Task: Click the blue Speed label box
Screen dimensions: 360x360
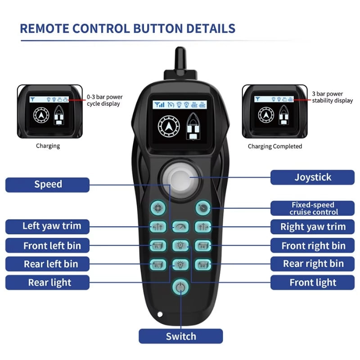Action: pyautogui.click(x=48, y=184)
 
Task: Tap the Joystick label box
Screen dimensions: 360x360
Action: pyautogui.click(x=312, y=177)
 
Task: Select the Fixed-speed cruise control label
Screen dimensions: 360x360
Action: pyautogui.click(x=312, y=208)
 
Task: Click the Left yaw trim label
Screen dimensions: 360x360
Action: pyautogui.click(x=48, y=225)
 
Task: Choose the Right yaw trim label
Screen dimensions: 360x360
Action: pyautogui.click(x=312, y=226)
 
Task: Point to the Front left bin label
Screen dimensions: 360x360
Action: pyautogui.click(x=48, y=246)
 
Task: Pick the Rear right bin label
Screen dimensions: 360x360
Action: pyautogui.click(x=312, y=264)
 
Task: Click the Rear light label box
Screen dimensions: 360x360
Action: pyautogui.click(x=48, y=283)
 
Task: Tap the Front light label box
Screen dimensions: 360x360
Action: pyautogui.click(x=312, y=283)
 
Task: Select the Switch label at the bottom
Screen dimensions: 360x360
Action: pyautogui.click(x=180, y=336)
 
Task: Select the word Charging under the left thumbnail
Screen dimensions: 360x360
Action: pyautogui.click(x=48, y=146)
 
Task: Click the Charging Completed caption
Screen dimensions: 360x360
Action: pyautogui.click(x=275, y=146)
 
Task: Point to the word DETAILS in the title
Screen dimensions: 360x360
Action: pyautogui.click(x=207, y=28)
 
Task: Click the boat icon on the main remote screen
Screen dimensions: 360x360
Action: pyautogui.click(x=192, y=128)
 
